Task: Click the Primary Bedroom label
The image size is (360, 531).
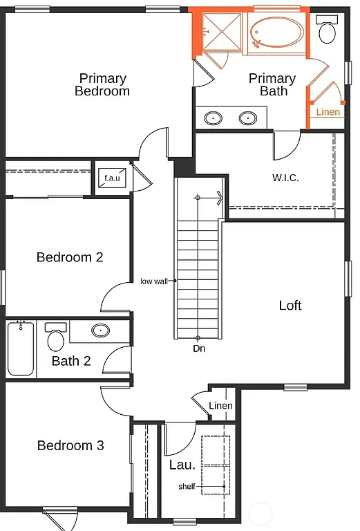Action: (x=102, y=84)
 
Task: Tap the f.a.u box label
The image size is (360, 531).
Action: (x=112, y=178)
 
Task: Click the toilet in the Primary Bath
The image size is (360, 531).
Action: (x=325, y=29)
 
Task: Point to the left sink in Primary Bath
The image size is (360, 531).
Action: (x=214, y=118)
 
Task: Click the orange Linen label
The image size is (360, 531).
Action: (x=328, y=112)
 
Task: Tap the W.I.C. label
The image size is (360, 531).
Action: (x=285, y=177)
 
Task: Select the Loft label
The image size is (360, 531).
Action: (x=290, y=305)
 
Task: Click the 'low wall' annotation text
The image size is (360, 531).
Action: (x=155, y=281)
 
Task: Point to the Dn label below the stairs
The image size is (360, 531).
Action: (x=199, y=348)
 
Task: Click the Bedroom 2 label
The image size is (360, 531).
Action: (x=70, y=257)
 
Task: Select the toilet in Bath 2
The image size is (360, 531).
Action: (x=55, y=337)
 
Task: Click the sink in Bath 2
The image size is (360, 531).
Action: (x=101, y=330)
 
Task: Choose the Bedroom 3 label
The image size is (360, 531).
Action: (x=70, y=445)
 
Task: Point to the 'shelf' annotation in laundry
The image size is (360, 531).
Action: (x=187, y=487)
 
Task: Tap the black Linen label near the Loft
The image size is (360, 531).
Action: (x=220, y=406)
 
